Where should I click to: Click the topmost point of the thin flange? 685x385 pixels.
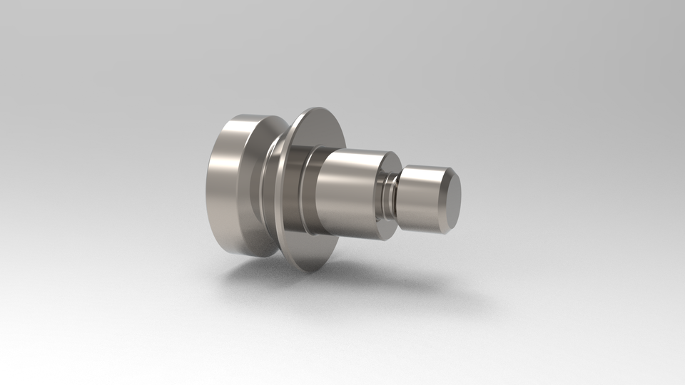point(314,108)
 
